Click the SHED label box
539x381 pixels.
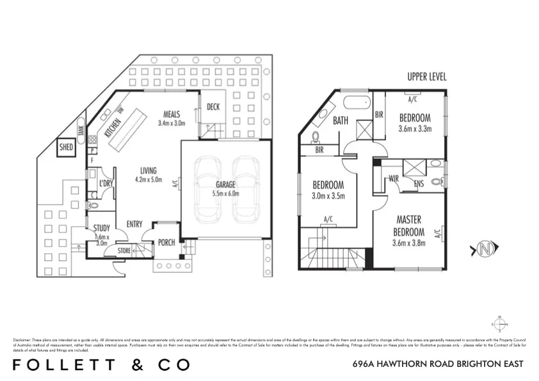coord(66,148)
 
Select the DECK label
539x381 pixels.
coord(213,107)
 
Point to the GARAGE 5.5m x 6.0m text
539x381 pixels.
coord(225,189)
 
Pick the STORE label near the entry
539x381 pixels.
coord(124,251)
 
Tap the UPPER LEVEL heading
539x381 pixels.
coord(427,77)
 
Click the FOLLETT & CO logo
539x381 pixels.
coord(102,364)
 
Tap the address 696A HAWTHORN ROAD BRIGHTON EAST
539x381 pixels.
coord(438,364)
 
